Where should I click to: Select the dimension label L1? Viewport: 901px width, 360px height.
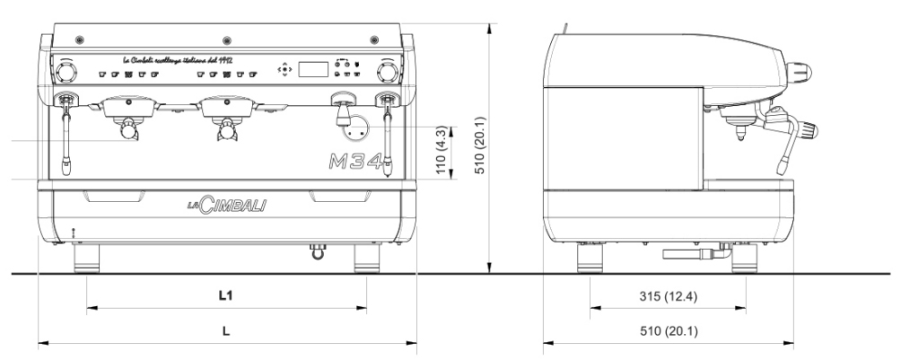coord(227,294)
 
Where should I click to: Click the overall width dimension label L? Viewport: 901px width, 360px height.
coord(226,330)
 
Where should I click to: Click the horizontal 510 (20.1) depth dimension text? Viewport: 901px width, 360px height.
coord(668,330)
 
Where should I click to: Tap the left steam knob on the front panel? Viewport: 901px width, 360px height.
coord(66,71)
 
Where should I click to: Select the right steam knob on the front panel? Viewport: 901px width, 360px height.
coord(388,71)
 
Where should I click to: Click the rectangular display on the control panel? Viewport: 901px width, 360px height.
coord(311,69)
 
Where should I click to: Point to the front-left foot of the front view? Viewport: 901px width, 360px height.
coord(87,260)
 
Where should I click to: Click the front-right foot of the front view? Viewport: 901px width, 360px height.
coord(368,260)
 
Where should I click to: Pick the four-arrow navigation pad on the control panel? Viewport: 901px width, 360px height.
coord(284,68)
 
